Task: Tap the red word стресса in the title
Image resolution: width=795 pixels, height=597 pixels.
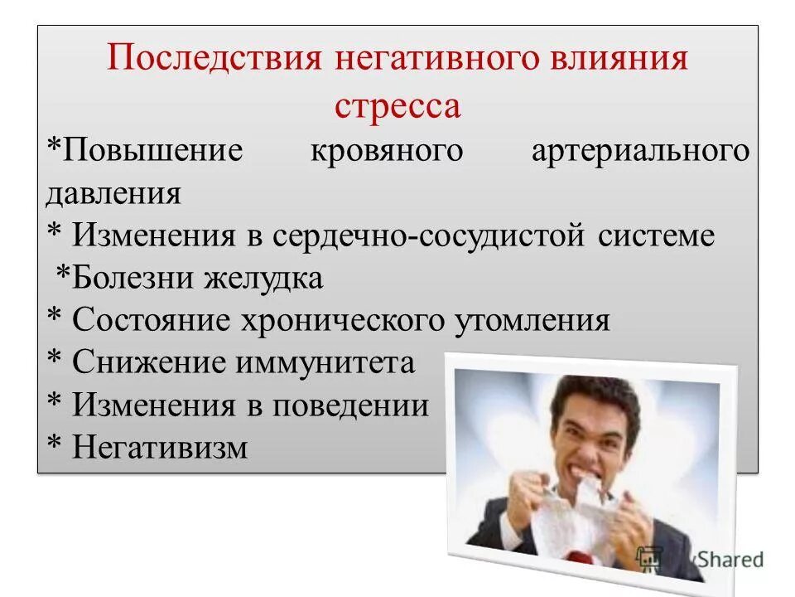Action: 397,106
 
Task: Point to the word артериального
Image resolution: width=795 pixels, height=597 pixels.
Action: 639,152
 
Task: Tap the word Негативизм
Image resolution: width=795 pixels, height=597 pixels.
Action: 160,448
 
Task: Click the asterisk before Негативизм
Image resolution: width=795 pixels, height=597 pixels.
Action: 54,446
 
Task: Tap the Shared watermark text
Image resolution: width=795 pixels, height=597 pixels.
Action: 728,560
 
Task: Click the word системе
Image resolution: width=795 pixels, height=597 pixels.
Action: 654,236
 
